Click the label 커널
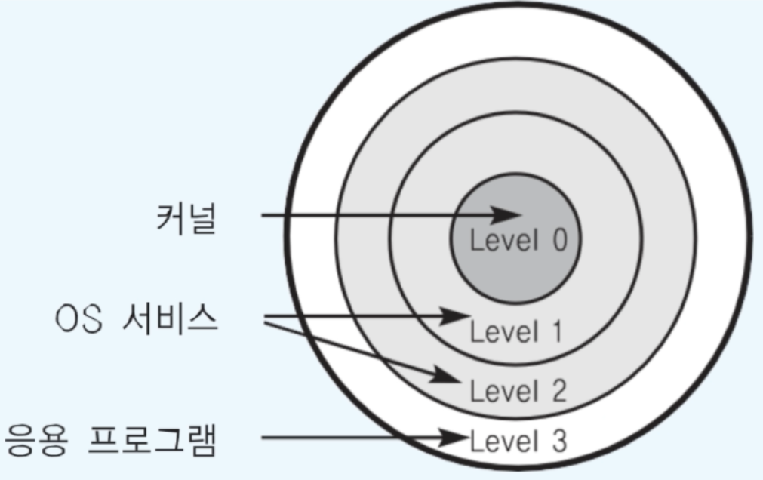[186, 219]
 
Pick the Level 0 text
[517, 241]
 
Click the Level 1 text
[516, 331]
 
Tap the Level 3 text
[517, 441]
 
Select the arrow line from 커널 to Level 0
[377, 216]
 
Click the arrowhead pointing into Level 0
[505, 216]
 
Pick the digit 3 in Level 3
[558, 441]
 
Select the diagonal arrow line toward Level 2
[355, 347]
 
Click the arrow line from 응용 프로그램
[355, 438]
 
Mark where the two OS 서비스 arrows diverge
[266, 321]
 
